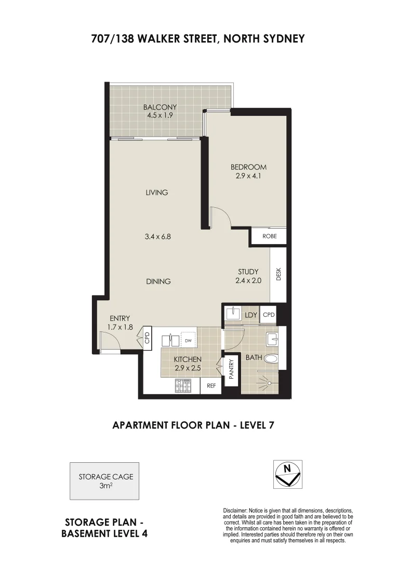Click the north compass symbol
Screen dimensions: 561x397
(287, 474)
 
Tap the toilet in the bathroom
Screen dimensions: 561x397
(271, 358)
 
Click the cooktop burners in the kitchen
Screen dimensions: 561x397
(184, 385)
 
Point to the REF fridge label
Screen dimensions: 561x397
(211, 386)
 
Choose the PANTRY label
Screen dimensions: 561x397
(231, 369)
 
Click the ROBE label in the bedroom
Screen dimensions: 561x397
(269, 236)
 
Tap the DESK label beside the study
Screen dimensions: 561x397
(279, 274)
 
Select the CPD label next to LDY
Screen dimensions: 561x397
(268, 315)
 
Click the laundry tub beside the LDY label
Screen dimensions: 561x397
(232, 315)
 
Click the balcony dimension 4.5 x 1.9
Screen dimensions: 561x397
(160, 115)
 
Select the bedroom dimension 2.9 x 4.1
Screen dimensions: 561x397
(248, 175)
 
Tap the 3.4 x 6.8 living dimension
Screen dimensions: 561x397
(157, 236)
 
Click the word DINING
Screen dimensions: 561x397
(158, 282)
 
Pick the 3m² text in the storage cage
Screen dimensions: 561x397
(106, 486)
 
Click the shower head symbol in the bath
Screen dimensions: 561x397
(268, 382)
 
